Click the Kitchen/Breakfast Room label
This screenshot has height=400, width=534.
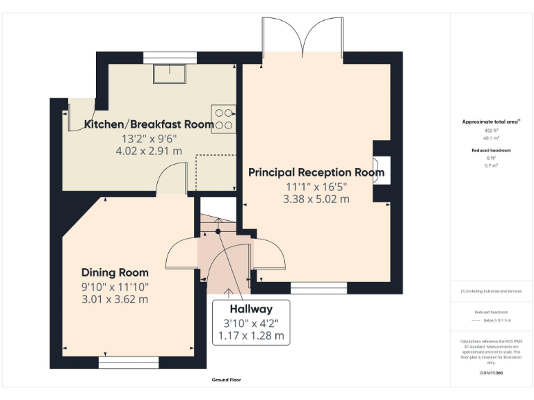149,124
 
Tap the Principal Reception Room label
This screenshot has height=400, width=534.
316,172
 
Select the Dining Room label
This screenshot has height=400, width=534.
115,272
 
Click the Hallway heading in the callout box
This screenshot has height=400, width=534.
252,309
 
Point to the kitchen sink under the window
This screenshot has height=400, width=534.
170,73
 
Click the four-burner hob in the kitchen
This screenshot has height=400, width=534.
225,118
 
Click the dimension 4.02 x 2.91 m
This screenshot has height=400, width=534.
149,150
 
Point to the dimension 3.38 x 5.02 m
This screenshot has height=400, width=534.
316,199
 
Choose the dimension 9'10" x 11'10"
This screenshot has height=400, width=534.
115,287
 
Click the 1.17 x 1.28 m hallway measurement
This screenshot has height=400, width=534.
252,335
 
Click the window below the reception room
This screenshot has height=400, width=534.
318,287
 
